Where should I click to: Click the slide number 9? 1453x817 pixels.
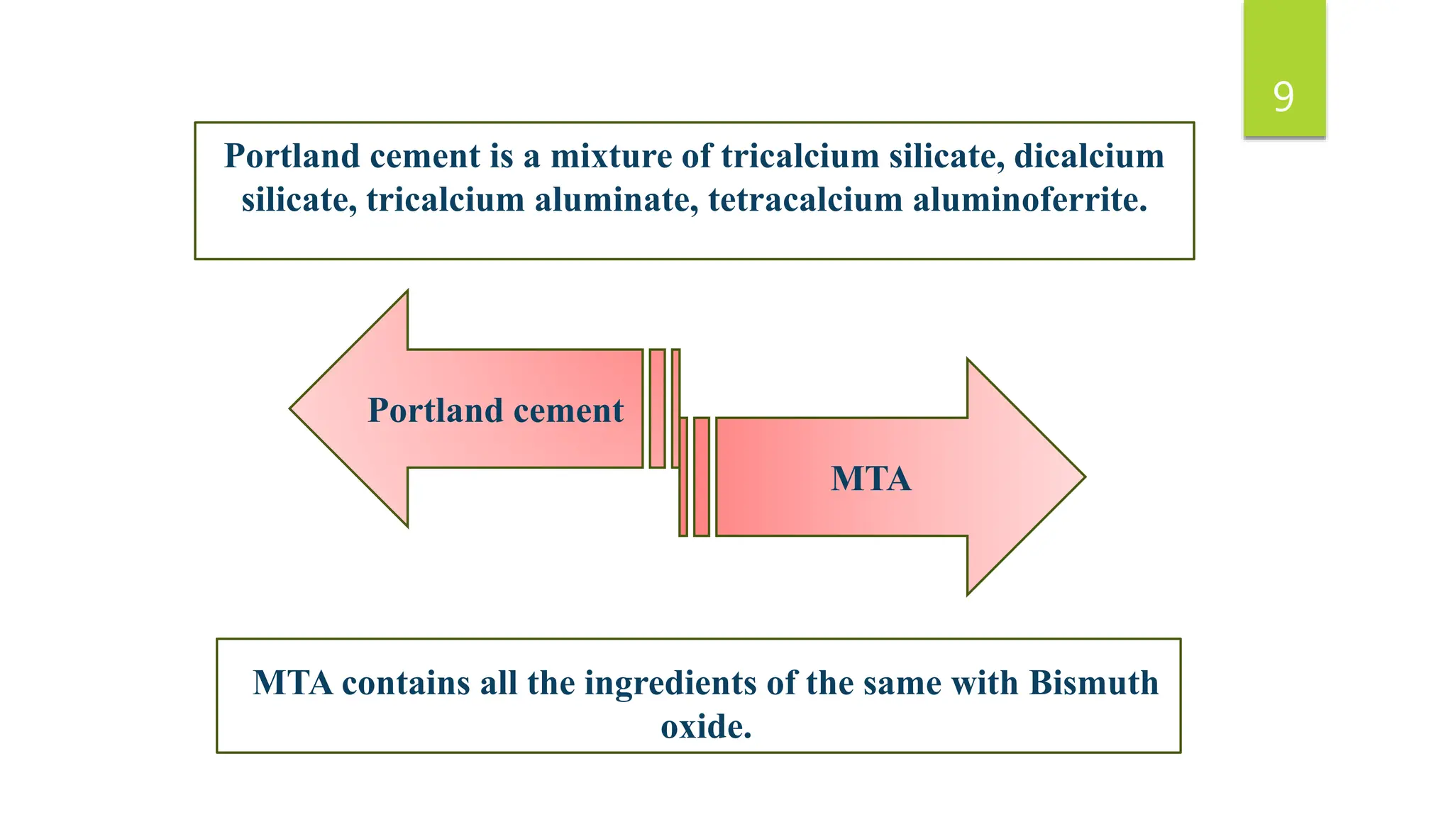(1283, 97)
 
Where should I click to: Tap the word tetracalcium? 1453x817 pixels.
(806, 200)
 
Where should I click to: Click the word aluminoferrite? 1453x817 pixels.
(1030, 200)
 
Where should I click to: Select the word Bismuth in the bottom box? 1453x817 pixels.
(1093, 684)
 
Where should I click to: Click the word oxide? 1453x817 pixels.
(705, 727)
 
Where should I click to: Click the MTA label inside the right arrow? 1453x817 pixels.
(871, 479)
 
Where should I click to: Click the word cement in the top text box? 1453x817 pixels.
(425, 157)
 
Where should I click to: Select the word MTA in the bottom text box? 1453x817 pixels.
(293, 684)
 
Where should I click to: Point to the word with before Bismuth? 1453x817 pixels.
(985, 684)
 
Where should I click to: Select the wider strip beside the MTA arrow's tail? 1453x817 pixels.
(701, 477)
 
